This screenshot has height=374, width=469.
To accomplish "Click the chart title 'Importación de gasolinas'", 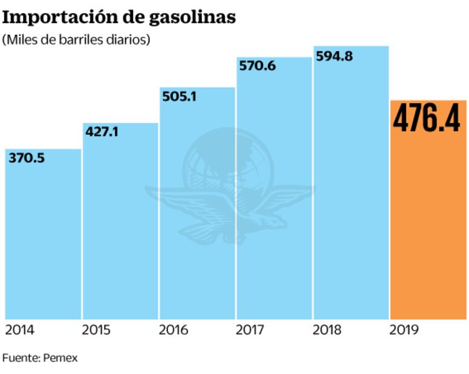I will [119, 17].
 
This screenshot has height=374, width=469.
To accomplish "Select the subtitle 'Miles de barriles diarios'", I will [76, 40].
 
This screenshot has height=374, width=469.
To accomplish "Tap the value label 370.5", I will [27, 158].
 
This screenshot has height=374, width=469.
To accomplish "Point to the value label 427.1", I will [102, 132].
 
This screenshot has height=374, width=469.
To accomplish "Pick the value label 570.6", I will [257, 66].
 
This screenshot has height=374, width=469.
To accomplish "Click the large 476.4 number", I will [426, 118].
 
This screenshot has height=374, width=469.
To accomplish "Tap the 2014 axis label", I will [20, 330].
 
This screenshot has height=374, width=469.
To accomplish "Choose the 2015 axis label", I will [97, 330].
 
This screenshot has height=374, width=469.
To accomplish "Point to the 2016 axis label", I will [173, 330].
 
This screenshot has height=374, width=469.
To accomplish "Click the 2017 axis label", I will [250, 330].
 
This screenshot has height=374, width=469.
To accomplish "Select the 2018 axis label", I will [327, 330].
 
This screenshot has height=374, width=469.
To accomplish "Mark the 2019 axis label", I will [404, 330].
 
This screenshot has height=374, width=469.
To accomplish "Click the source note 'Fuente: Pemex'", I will [40, 358].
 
